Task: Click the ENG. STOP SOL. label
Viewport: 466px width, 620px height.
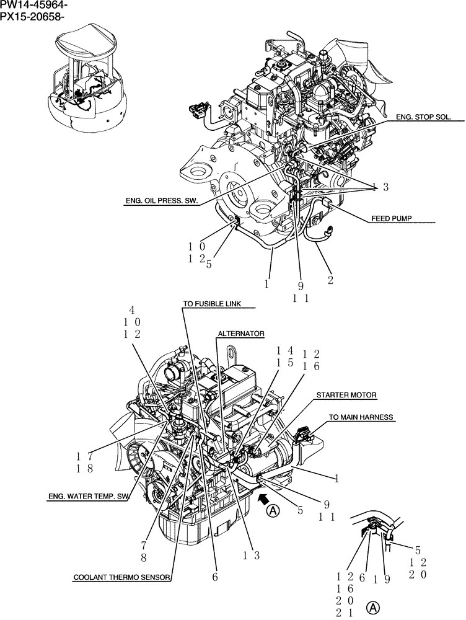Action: pos(423,116)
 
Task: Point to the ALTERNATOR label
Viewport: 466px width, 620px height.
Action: pos(240,334)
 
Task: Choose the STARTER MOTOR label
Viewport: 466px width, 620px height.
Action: pos(346,394)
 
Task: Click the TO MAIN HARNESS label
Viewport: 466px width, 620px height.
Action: pos(361,417)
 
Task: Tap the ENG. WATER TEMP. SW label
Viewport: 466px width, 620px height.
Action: pos(89,496)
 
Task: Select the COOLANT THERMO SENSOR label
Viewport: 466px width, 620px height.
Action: pos(121,577)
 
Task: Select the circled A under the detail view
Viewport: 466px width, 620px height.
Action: pos(372,606)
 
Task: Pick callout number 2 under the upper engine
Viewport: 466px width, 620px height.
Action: pos(330,280)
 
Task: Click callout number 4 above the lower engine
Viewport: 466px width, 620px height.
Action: pos(131,310)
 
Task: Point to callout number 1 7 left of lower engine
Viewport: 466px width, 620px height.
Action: pos(85,456)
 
